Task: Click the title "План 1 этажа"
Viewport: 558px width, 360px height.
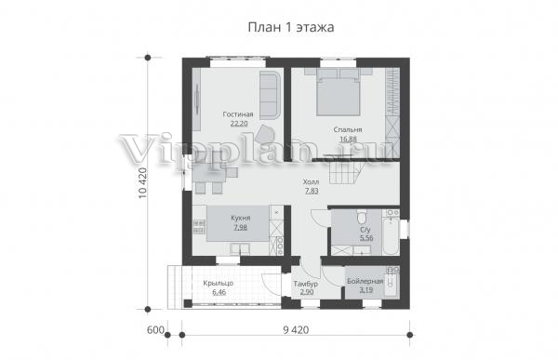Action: point(291,27)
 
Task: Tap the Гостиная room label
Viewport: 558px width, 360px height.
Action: point(238,114)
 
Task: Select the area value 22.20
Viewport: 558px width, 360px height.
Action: point(239,124)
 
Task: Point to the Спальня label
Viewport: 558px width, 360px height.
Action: point(348,129)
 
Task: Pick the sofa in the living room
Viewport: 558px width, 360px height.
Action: point(270,95)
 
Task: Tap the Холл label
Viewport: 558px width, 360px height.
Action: point(311,182)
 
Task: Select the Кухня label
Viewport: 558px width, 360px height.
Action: point(241,218)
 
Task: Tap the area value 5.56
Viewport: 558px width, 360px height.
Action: point(366,238)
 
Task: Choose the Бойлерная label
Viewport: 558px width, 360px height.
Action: point(365,281)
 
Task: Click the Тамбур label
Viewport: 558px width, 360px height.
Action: point(306,284)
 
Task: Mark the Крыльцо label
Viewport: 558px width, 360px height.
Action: point(219,284)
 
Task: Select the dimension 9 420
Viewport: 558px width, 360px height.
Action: point(296,330)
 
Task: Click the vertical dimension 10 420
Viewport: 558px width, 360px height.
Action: point(141,182)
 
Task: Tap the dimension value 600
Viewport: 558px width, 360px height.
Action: point(155,330)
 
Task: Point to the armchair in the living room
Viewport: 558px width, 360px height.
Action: point(265,134)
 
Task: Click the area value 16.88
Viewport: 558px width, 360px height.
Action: point(348,140)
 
